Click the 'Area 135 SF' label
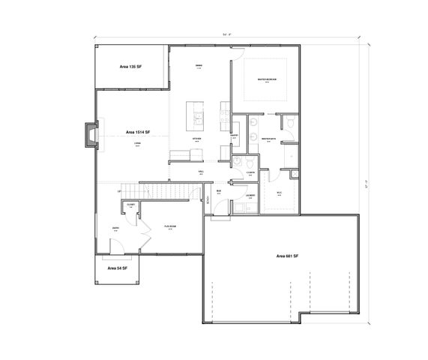tap(130, 67)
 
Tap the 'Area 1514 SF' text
tap(137, 130)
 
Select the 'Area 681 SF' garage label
tap(286, 256)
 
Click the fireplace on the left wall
tap(91, 135)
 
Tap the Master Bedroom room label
tap(268, 79)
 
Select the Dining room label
tap(199, 67)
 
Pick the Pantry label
tap(234, 136)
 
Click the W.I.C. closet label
tap(278, 193)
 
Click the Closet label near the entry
tap(130, 205)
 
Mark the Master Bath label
tap(268, 139)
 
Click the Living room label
tap(137, 144)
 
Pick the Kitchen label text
tap(197, 139)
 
